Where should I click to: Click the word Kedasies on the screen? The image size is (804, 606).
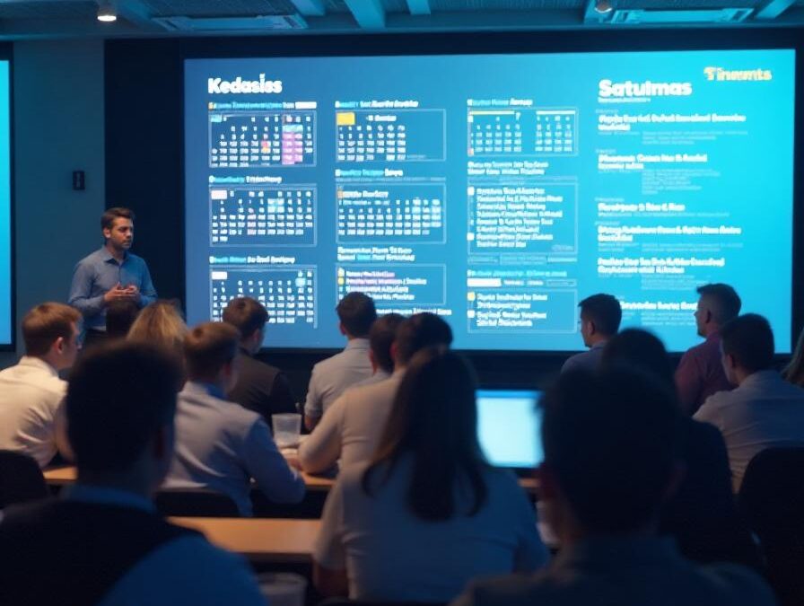click(244, 85)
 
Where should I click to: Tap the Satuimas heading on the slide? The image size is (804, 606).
click(644, 88)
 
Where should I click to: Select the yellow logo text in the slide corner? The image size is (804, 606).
click(737, 74)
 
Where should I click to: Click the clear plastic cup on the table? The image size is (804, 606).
click(286, 430)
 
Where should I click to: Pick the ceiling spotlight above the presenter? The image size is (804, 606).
click(107, 13)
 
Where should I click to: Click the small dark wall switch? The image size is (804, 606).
click(79, 180)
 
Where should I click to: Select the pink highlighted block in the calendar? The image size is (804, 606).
click(293, 143)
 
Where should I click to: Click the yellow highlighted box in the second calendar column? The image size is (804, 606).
click(345, 118)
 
